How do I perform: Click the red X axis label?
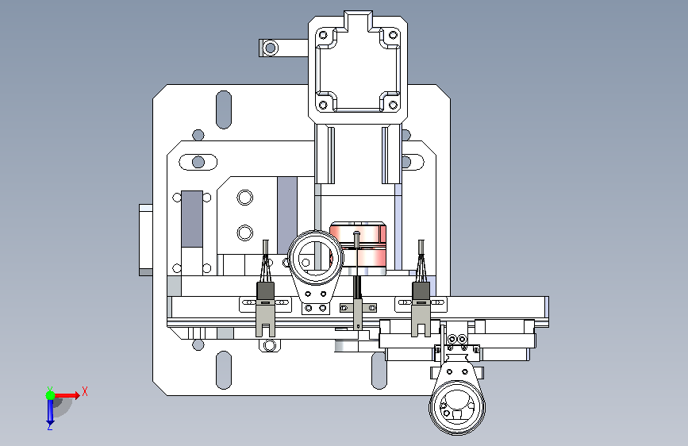pos(85,391)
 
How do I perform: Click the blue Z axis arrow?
pos(50,413)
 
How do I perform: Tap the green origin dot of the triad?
pos(51,395)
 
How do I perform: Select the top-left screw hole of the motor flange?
pos(324,35)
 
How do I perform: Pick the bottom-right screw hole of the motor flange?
pos(393,106)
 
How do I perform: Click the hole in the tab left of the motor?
pos(271,48)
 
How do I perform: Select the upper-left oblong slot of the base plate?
pos(224,110)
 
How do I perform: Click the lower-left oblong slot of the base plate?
pos(224,370)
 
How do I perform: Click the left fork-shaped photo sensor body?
pos(266,310)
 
